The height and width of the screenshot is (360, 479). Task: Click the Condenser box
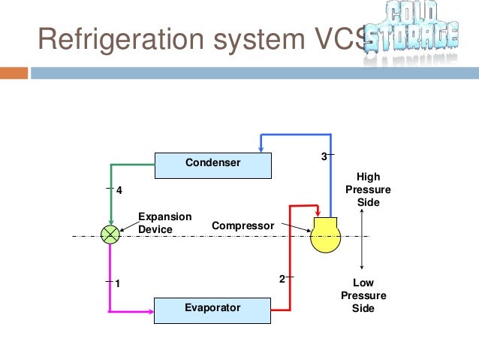point(214,164)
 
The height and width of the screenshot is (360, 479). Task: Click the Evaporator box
point(212,308)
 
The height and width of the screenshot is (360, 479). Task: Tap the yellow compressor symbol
point(325,235)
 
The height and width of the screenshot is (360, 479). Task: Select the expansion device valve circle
point(110,234)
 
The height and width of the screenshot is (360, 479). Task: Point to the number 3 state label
point(324,157)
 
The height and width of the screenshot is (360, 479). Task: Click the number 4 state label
point(119,191)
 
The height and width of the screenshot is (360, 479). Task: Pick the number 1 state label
point(119,283)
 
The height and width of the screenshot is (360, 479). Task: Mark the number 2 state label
point(282,279)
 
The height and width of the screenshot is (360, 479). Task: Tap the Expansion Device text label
point(164,223)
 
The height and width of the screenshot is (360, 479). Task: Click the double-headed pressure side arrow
point(363,238)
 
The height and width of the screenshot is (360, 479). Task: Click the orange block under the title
point(14,74)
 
